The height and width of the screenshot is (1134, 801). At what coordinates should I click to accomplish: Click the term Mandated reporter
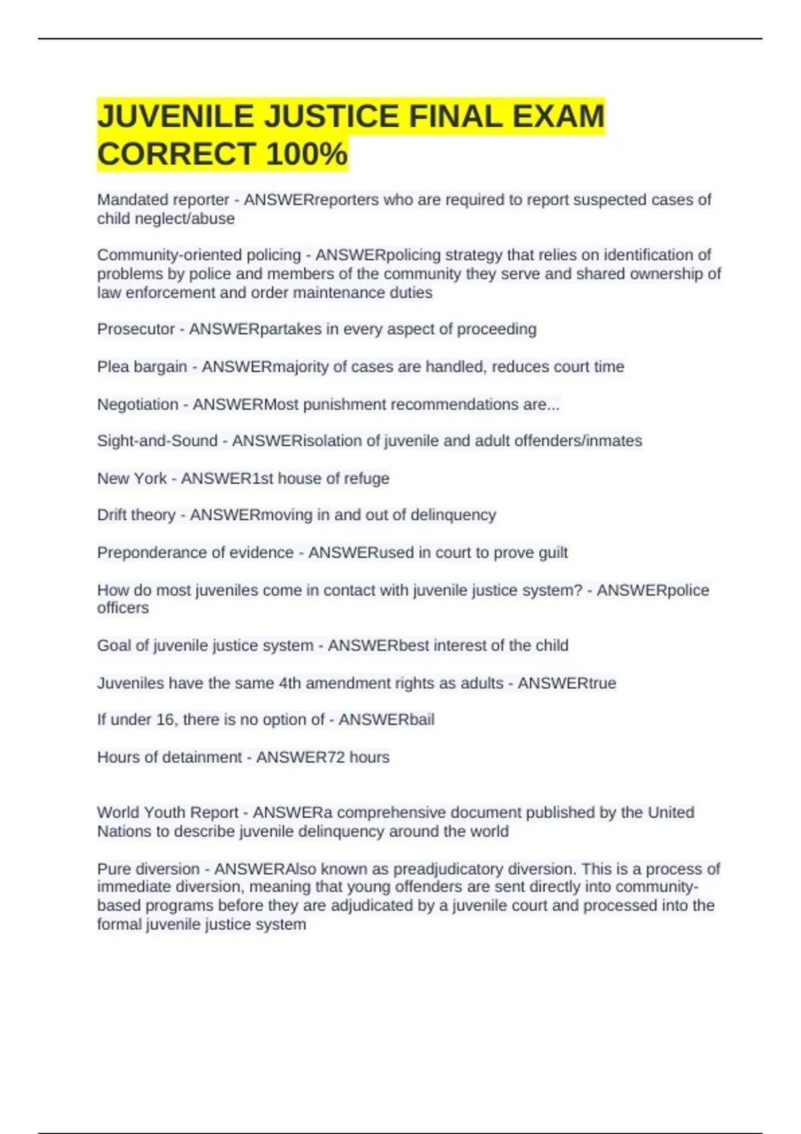[163, 199]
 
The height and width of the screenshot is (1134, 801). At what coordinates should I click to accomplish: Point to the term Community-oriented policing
[199, 255]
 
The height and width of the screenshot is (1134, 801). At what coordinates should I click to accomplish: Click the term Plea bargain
[142, 366]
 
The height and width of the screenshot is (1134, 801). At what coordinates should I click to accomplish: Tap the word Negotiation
[138, 404]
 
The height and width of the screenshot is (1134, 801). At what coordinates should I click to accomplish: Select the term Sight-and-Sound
[157, 441]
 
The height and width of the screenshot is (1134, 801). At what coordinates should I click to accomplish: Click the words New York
[131, 478]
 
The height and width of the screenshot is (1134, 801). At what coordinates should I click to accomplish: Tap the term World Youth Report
[167, 812]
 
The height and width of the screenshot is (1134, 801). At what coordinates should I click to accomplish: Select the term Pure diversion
[148, 869]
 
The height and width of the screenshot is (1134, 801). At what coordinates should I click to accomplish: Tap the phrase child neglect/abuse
[166, 219]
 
